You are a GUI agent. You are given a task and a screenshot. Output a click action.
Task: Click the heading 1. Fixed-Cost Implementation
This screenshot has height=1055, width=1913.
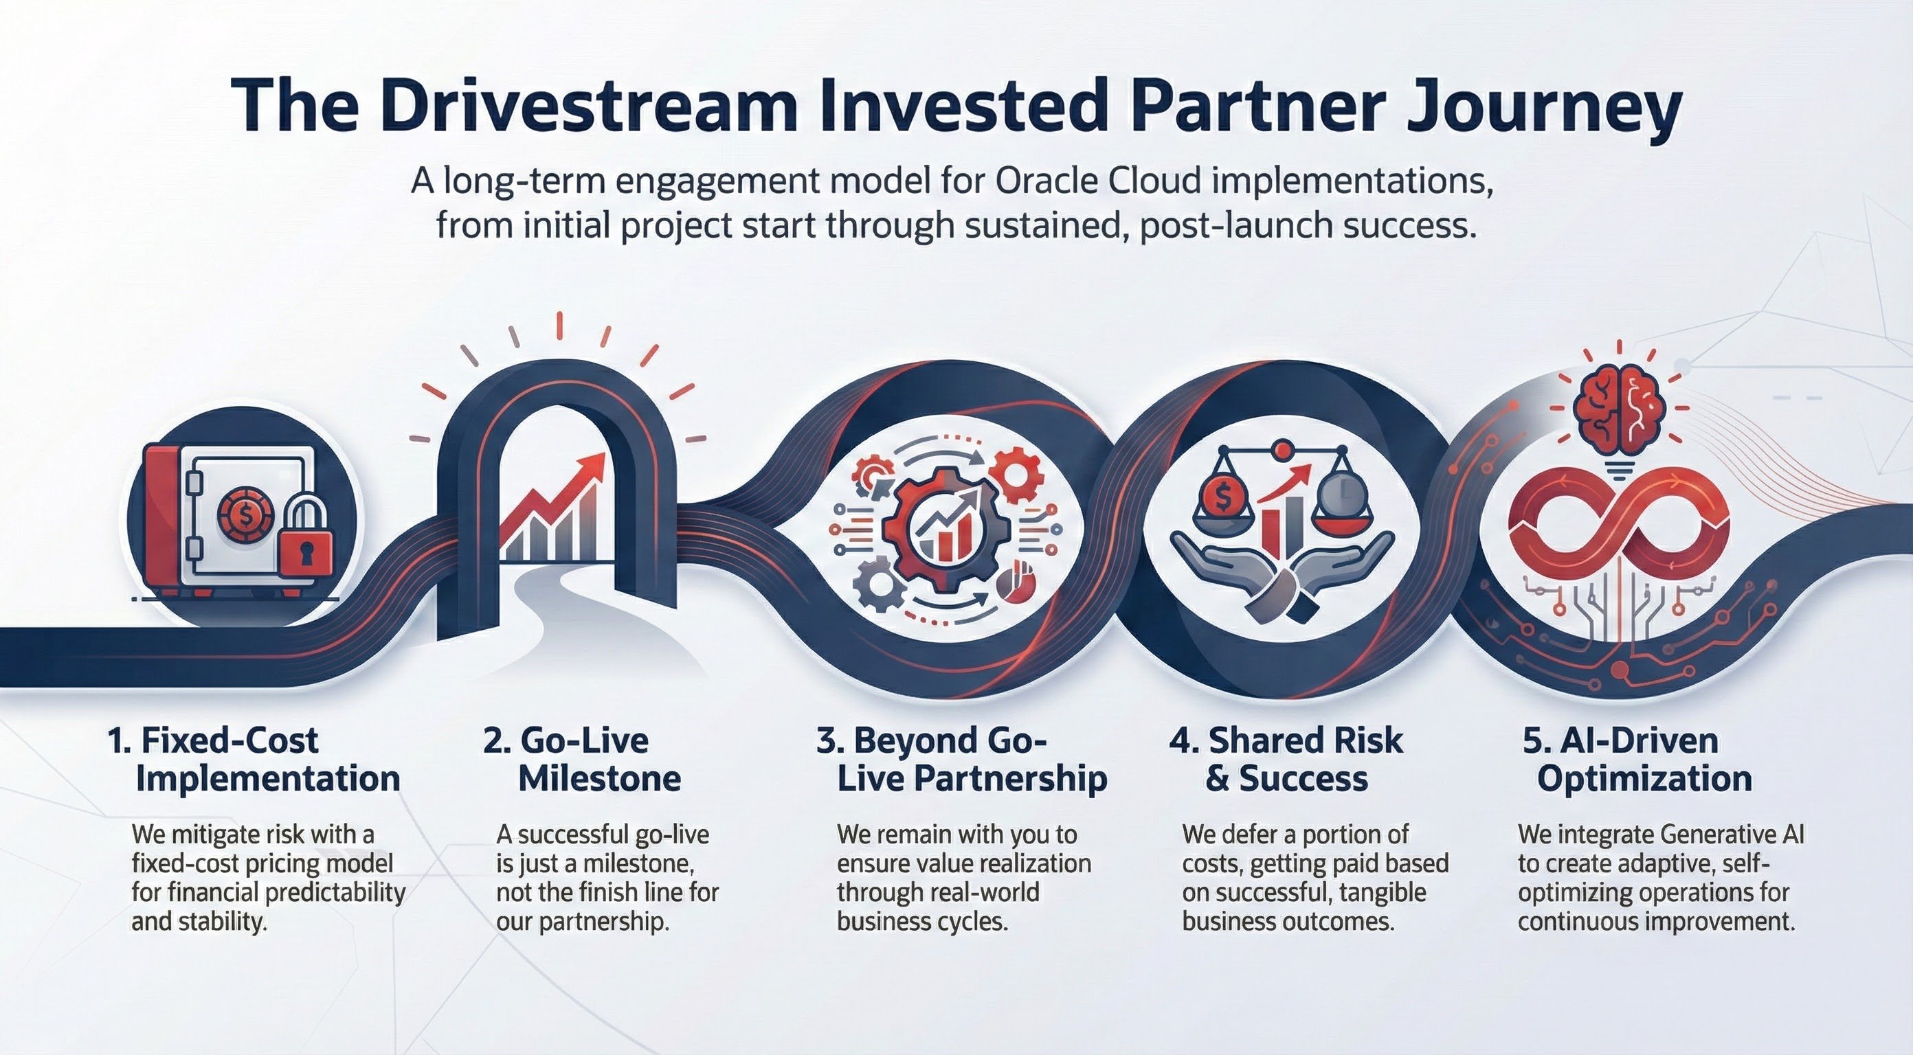[x=254, y=760]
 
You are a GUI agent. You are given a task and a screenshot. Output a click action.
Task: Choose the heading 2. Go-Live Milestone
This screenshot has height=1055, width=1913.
[x=581, y=760]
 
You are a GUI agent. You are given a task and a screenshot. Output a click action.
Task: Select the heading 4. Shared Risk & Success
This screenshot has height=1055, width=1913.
[x=1286, y=760]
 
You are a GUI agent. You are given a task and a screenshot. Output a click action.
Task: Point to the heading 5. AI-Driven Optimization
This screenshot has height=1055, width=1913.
[x=1636, y=760]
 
